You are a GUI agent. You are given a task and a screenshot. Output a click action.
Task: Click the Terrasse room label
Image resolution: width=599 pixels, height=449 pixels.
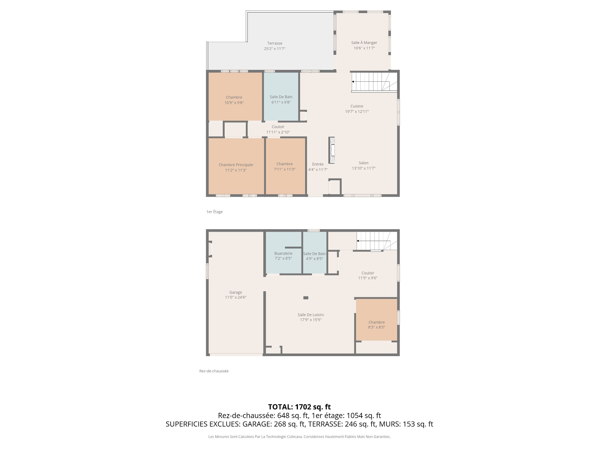pyautogui.click(x=275, y=43)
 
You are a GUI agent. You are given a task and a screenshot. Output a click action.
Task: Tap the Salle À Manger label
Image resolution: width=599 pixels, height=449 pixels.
pyautogui.click(x=364, y=43)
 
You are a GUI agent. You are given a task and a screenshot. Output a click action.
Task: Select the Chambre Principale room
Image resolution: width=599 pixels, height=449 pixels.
pyautogui.click(x=236, y=166)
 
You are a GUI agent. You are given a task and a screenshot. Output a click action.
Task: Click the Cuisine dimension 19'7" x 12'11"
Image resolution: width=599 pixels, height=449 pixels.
pyautogui.click(x=357, y=111)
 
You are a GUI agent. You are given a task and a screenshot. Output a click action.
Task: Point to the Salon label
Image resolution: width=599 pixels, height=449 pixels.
pyautogui.click(x=363, y=163)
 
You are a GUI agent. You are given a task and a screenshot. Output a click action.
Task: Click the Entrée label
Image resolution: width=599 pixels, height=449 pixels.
pyautogui.click(x=318, y=164)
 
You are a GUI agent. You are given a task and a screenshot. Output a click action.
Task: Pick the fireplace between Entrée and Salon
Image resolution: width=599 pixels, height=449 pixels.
pyautogui.click(x=332, y=150)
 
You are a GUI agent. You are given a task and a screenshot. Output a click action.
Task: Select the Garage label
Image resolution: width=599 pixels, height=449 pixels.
pyautogui.click(x=236, y=292)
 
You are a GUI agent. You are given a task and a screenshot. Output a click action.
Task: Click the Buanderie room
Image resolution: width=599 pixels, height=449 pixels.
pyautogui.click(x=283, y=253)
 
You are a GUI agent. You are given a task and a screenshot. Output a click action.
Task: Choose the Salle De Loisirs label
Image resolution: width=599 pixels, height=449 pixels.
pyautogui.click(x=311, y=315)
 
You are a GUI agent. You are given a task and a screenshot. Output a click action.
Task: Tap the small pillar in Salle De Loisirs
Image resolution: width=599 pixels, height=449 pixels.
pyautogui.click(x=306, y=298)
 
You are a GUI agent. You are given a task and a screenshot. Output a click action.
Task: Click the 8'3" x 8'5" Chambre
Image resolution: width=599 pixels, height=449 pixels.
pyautogui.click(x=377, y=320)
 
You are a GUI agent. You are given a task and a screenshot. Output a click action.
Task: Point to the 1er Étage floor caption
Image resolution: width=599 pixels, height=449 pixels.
pyautogui.click(x=215, y=212)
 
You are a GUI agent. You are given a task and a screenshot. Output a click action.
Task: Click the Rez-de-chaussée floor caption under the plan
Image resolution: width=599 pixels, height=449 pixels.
pyautogui.click(x=214, y=371)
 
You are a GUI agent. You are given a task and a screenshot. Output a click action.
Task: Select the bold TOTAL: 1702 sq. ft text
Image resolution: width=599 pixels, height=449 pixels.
pyautogui.click(x=299, y=407)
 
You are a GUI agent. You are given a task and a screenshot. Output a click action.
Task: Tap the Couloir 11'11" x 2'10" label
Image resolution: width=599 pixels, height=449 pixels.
pyautogui.click(x=278, y=129)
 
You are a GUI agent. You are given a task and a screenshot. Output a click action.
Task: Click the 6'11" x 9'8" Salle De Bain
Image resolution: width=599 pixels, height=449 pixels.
pyautogui.click(x=281, y=96)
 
